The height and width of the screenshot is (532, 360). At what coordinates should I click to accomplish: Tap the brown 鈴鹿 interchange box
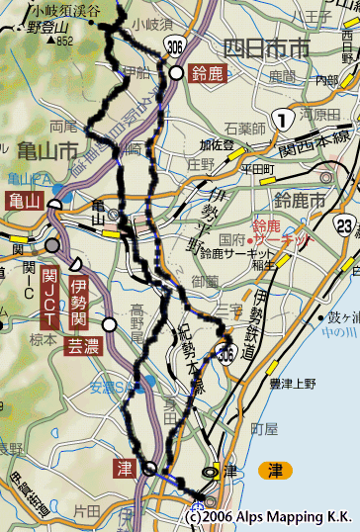click(210, 74)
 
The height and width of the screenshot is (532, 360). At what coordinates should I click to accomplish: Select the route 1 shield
click(284, 120)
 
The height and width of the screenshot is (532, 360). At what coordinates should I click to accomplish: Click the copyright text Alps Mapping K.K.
click(271, 516)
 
